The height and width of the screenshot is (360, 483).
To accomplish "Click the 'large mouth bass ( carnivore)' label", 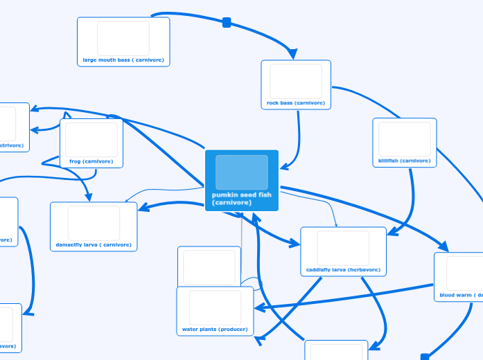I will pos(123,60).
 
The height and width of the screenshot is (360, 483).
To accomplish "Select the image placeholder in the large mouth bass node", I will pos(123,38).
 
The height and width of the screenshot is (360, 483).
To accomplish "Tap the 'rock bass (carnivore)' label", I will pos(296,103).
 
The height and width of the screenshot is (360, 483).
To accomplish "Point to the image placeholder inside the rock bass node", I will pos(296,81).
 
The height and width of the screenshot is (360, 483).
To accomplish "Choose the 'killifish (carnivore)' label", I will pos(405,161).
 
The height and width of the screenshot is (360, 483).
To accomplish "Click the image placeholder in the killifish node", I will pos(405,138).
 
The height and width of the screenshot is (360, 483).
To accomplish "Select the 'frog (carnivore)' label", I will pos(91,161).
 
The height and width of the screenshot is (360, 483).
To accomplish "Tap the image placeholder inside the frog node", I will pos(91,139).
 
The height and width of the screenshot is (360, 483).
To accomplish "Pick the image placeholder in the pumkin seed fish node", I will pos(241,172).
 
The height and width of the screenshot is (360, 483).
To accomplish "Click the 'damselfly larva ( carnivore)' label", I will pos(94,245).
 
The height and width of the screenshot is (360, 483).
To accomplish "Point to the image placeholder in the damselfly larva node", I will pos(94,223).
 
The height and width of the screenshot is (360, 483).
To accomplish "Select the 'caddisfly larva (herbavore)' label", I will pos(343,270).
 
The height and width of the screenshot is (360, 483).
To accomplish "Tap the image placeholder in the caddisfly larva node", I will pos(343,248).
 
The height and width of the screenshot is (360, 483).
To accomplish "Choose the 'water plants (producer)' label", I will pos(215,330).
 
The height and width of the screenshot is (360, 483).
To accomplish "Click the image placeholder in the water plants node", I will pos(215,307).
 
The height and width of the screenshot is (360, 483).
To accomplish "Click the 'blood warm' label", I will pos(460,296).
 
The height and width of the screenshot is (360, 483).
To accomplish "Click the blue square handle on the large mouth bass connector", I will pos(227,23).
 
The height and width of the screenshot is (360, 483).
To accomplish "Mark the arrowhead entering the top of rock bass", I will pos(292,54).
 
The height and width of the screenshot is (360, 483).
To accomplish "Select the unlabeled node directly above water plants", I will pos(209,266).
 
